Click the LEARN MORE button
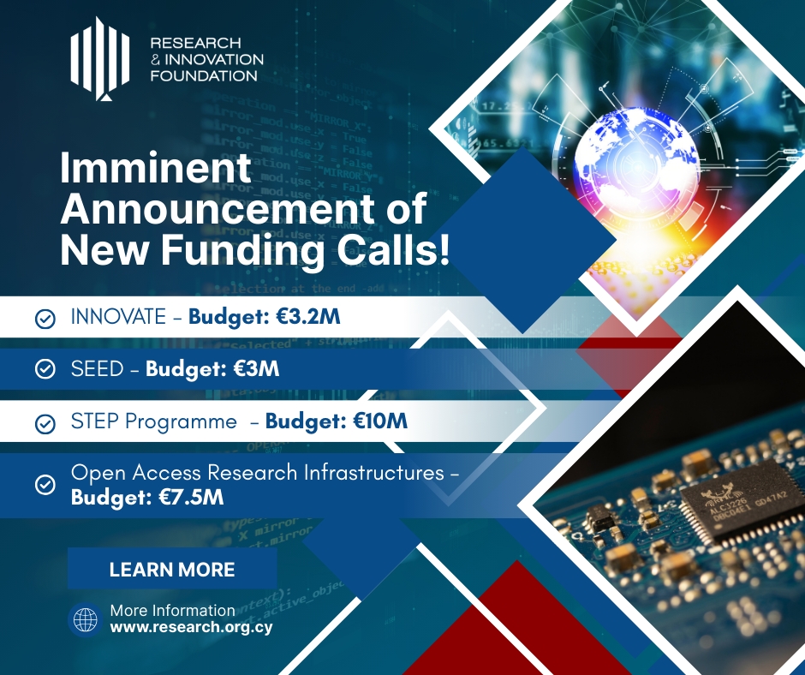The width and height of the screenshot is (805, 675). [172, 569]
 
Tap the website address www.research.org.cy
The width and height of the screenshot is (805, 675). [191, 627]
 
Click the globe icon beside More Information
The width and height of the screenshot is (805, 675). [86, 619]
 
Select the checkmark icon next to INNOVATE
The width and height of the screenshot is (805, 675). [45, 319]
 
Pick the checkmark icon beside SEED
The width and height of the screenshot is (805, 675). [45, 369]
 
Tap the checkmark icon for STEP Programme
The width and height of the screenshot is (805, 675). [45, 424]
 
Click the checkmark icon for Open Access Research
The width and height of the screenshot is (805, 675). [45, 485]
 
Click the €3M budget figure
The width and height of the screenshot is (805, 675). [256, 369]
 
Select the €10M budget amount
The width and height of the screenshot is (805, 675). [380, 421]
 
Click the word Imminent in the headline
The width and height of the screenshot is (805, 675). [156, 168]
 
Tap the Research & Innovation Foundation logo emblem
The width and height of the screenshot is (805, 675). [100, 58]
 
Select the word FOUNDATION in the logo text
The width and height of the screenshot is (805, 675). [204, 76]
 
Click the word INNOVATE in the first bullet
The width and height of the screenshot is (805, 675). [118, 317]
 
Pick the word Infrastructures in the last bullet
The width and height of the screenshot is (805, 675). [373, 473]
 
